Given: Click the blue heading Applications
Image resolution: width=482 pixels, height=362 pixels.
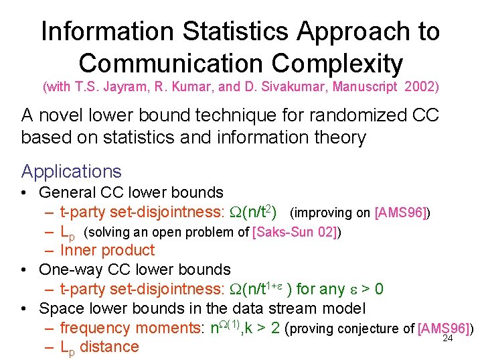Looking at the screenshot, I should click(x=72, y=172).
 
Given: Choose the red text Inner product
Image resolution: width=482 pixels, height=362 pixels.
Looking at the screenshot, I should click(x=107, y=251).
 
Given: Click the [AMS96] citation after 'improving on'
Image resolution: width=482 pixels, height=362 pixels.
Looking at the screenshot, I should click(x=402, y=213).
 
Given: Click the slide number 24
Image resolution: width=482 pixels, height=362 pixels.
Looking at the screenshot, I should click(x=449, y=338).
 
